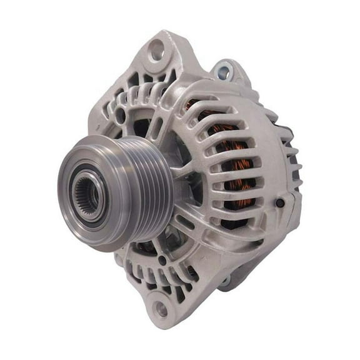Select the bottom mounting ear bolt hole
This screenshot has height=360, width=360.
pyautogui.click(x=162, y=309)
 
